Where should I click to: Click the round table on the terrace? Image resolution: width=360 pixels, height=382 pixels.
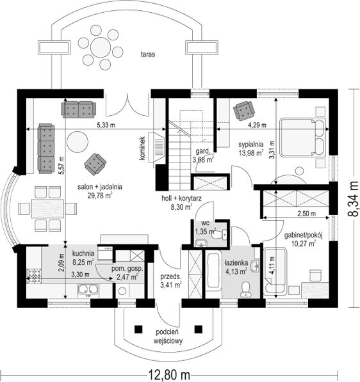click(x=100, y=47)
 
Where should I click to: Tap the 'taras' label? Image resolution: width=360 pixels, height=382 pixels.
click(x=148, y=54)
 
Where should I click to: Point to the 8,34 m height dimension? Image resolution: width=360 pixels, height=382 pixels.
click(x=353, y=198)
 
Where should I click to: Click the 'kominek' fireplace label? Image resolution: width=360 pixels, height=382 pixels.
click(x=142, y=148)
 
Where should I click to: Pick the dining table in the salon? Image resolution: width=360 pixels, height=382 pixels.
click(x=48, y=209)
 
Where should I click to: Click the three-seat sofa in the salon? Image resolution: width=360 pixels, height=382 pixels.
click(x=46, y=148)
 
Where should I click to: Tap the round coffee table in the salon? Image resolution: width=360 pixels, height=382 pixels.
click(x=78, y=142)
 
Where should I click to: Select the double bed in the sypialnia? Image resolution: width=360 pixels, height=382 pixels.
click(x=303, y=137)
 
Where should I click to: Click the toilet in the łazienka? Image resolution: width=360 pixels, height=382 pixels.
click(x=245, y=289)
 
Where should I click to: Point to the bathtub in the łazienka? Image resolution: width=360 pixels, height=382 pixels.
click(x=213, y=270)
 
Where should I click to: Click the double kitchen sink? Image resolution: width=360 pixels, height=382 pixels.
click(x=88, y=290)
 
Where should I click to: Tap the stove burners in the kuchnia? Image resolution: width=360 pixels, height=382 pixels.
click(x=33, y=275)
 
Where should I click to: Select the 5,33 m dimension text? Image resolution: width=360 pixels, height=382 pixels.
click(x=106, y=125)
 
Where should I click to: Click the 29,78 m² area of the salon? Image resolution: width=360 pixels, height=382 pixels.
click(x=100, y=195)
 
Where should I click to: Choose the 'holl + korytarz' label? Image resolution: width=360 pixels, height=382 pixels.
click(x=181, y=198)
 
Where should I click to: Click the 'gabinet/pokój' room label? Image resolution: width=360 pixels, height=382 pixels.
click(x=304, y=235)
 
